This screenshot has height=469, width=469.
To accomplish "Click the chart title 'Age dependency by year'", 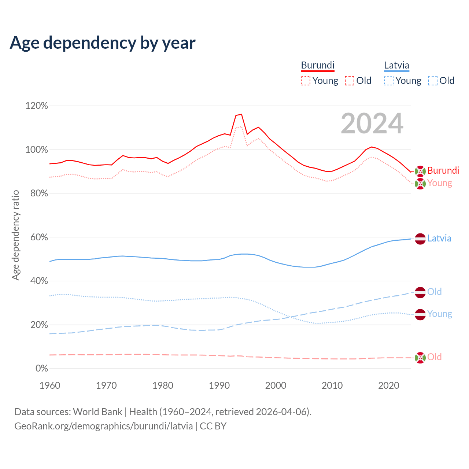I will tap(103, 43).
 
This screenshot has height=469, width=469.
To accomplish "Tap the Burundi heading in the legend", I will tap(318, 65).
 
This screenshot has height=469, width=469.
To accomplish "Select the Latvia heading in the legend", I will tap(396, 65).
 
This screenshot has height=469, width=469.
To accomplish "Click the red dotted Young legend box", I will tap(305, 81).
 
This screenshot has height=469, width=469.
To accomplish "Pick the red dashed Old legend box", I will tap(350, 81).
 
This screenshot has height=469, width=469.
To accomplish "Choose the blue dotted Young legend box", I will tap(389, 81).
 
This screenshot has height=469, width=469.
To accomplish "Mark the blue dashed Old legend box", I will tap(433, 81).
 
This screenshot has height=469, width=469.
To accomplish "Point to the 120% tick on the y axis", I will tap(37, 106).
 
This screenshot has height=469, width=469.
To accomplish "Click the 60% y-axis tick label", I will tap(39, 237).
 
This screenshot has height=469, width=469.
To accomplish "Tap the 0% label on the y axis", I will tap(41, 369).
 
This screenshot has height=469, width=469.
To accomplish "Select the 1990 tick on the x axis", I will tap(219, 385).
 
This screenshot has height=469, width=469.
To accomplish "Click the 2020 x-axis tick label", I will tap(388, 385).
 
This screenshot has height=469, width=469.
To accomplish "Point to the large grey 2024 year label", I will tap(372, 123).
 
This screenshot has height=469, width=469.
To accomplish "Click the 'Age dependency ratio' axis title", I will tap(15, 235).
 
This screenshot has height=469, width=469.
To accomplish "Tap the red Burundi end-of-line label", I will tap(443, 170).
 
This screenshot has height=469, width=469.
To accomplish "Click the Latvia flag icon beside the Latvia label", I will tap(420, 239).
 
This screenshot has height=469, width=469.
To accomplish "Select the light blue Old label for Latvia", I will tap(435, 292).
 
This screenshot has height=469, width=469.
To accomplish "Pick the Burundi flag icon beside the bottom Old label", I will tap(420, 357).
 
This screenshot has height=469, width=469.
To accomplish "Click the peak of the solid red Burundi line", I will tap(241, 114).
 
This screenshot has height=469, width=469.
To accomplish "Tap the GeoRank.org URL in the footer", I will tap(103, 426).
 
